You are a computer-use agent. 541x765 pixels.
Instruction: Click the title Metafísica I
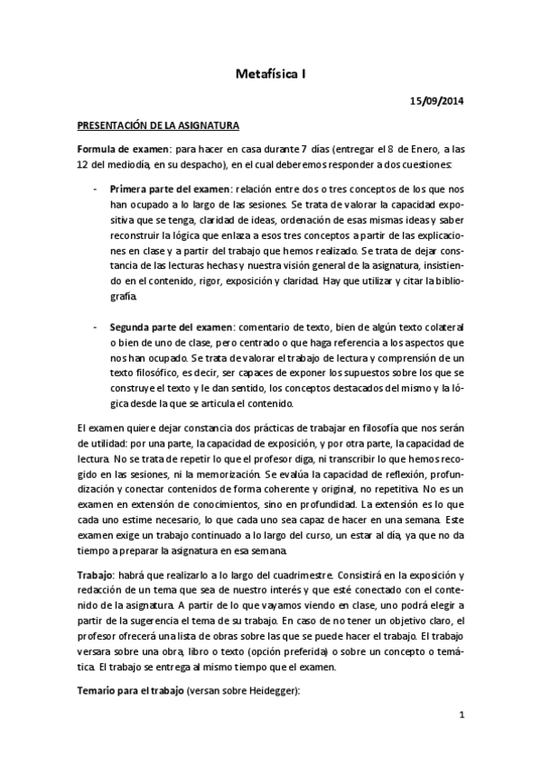(x=270, y=78)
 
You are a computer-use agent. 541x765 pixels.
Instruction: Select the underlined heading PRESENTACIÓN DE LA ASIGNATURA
(x=157, y=126)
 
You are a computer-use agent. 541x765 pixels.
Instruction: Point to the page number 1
(x=461, y=716)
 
